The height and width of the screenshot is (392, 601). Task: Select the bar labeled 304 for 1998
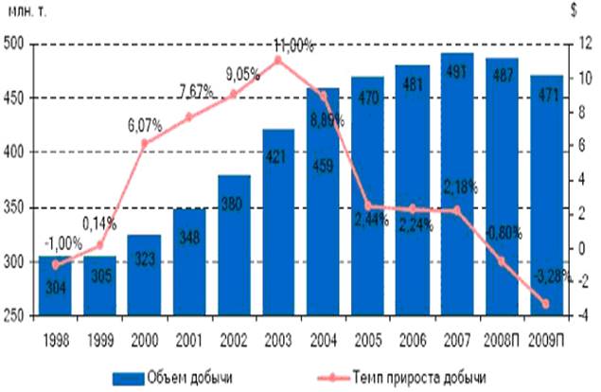pyautogui.click(x=54, y=294)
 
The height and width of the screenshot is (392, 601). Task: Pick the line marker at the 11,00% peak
pyautogui.click(x=278, y=60)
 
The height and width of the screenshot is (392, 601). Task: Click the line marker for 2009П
pyautogui.click(x=545, y=304)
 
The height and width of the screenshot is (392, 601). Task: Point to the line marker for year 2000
pyautogui.click(x=144, y=144)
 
